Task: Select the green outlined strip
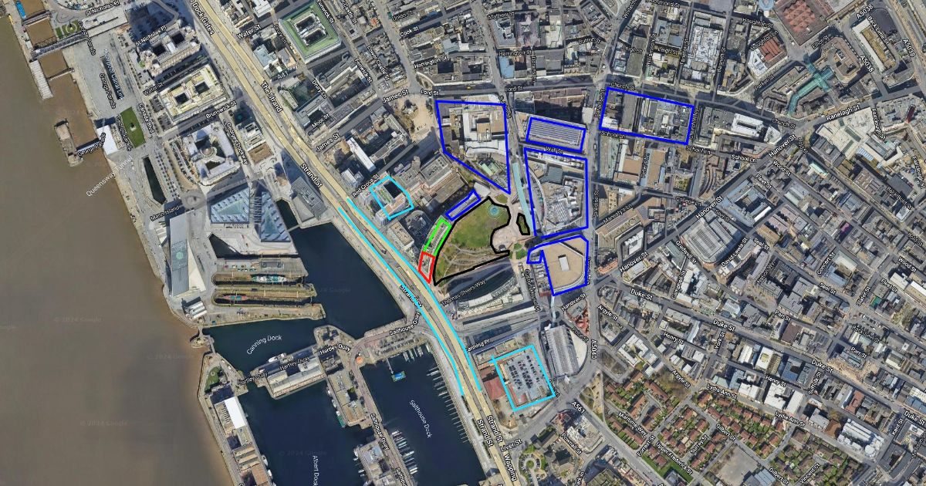coord(437,235)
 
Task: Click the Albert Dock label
coord(317,466)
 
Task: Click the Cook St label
coord(410,34)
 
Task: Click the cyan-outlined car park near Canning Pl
coord(522,377)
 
